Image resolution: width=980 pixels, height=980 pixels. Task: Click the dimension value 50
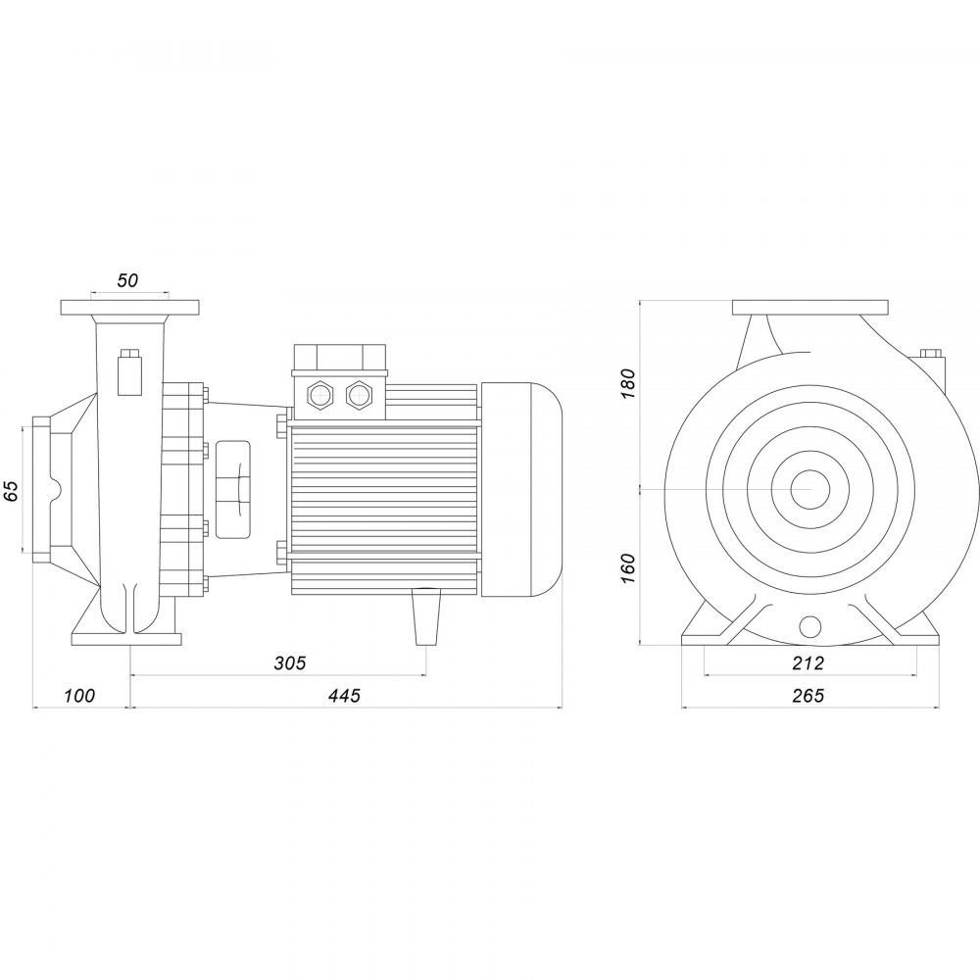click(x=127, y=280)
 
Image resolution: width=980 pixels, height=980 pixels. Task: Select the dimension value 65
click(x=11, y=491)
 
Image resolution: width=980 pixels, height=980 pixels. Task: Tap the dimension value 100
click(x=79, y=695)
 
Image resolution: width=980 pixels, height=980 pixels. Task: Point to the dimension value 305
click(x=290, y=662)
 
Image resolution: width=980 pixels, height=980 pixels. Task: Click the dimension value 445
click(x=344, y=695)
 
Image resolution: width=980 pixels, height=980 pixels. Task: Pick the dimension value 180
click(x=628, y=384)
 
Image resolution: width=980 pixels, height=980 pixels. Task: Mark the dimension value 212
click(x=808, y=662)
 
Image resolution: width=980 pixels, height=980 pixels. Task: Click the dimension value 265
click(x=808, y=695)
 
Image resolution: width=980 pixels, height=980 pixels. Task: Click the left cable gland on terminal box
click(x=319, y=394)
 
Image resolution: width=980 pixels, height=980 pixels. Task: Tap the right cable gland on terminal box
click(x=359, y=394)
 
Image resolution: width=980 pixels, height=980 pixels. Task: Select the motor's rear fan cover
click(x=520, y=489)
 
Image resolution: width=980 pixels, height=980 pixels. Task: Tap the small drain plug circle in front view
click(x=810, y=625)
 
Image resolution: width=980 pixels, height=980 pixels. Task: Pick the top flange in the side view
click(x=130, y=308)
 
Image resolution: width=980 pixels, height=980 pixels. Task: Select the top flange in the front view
click(x=810, y=308)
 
